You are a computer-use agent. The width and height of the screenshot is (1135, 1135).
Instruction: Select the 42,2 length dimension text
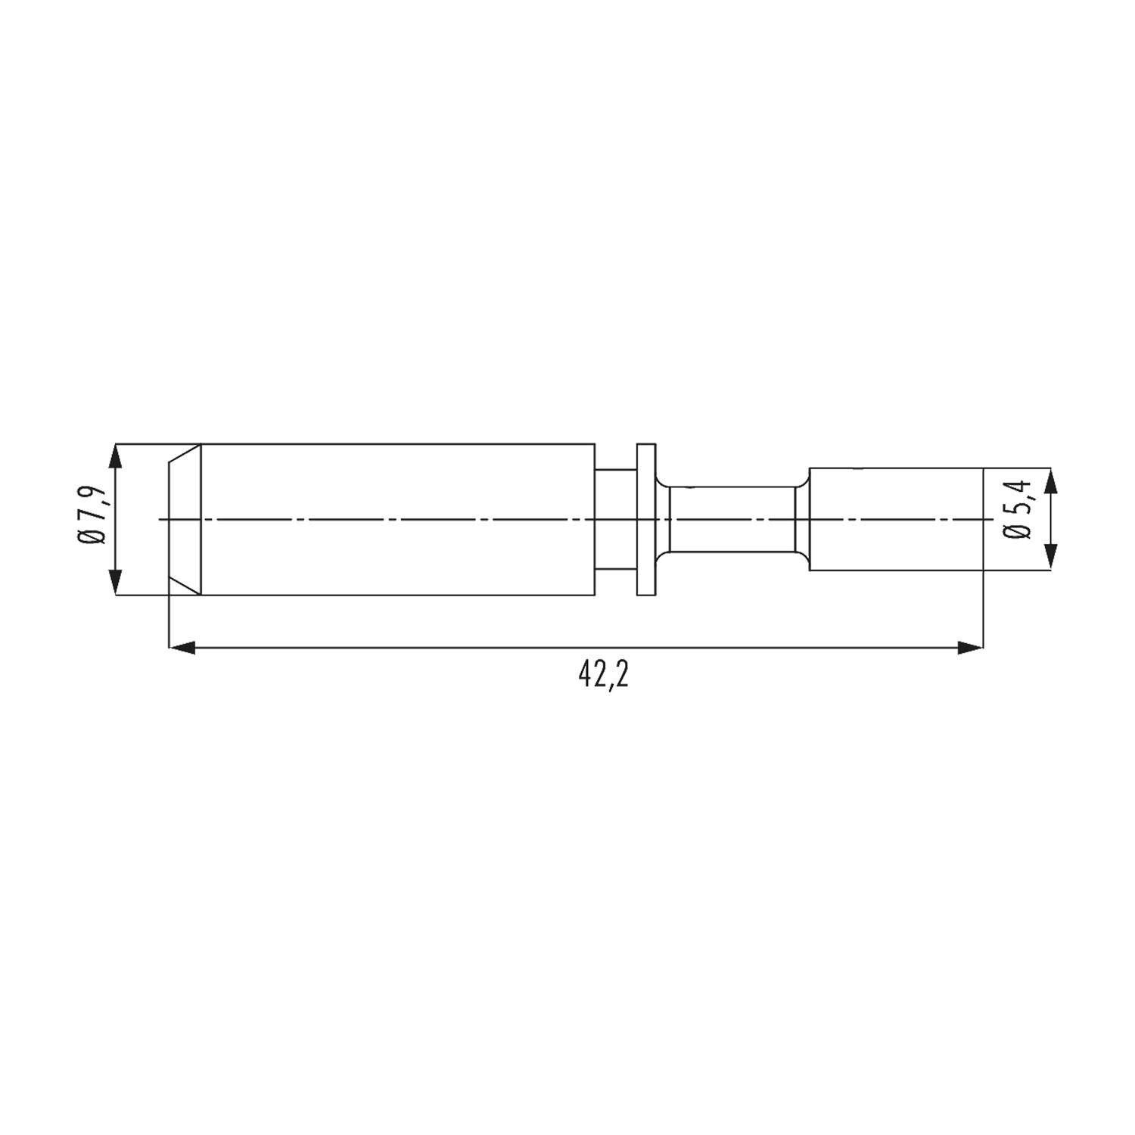click(603, 675)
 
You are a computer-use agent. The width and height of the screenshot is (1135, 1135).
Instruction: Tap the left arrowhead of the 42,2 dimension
click(182, 647)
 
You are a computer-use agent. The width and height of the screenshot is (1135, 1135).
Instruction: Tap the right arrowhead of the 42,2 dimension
click(970, 647)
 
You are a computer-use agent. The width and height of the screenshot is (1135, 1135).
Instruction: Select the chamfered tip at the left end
click(185, 519)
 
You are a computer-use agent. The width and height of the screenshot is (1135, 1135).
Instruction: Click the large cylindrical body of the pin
click(397, 519)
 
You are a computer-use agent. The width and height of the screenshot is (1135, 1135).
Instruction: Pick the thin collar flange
click(645, 519)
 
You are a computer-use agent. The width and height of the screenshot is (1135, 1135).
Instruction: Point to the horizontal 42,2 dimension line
click(454, 647)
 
